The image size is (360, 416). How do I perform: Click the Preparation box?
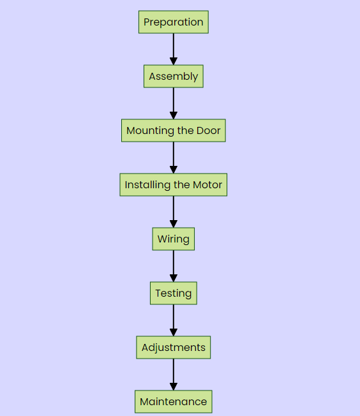pos(174,22)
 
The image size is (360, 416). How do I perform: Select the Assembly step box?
pos(174,76)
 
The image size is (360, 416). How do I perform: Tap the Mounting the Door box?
pos(174,131)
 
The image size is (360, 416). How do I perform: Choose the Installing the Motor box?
pos(174,184)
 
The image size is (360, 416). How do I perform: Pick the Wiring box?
pos(174,239)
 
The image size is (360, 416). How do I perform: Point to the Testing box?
pos(174,293)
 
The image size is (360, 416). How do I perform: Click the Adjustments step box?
pos(174,347)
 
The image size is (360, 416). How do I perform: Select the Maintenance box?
pos(174,401)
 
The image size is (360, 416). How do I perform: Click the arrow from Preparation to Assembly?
pos(174,49)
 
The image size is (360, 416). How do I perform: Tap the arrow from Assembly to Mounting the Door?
pos(174,103)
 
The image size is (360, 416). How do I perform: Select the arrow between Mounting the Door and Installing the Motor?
pos(174,158)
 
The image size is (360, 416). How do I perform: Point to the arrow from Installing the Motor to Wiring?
pos(174,212)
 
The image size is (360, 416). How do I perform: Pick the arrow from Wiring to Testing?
pos(174,266)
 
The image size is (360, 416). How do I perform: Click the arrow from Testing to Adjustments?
pos(174,320)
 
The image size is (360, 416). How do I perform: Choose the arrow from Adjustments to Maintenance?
pos(174,375)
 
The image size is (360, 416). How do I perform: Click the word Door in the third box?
pos(209,131)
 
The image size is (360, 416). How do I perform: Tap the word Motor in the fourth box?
pos(207,184)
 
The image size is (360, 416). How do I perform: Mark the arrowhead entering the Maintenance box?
pos(174,386)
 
